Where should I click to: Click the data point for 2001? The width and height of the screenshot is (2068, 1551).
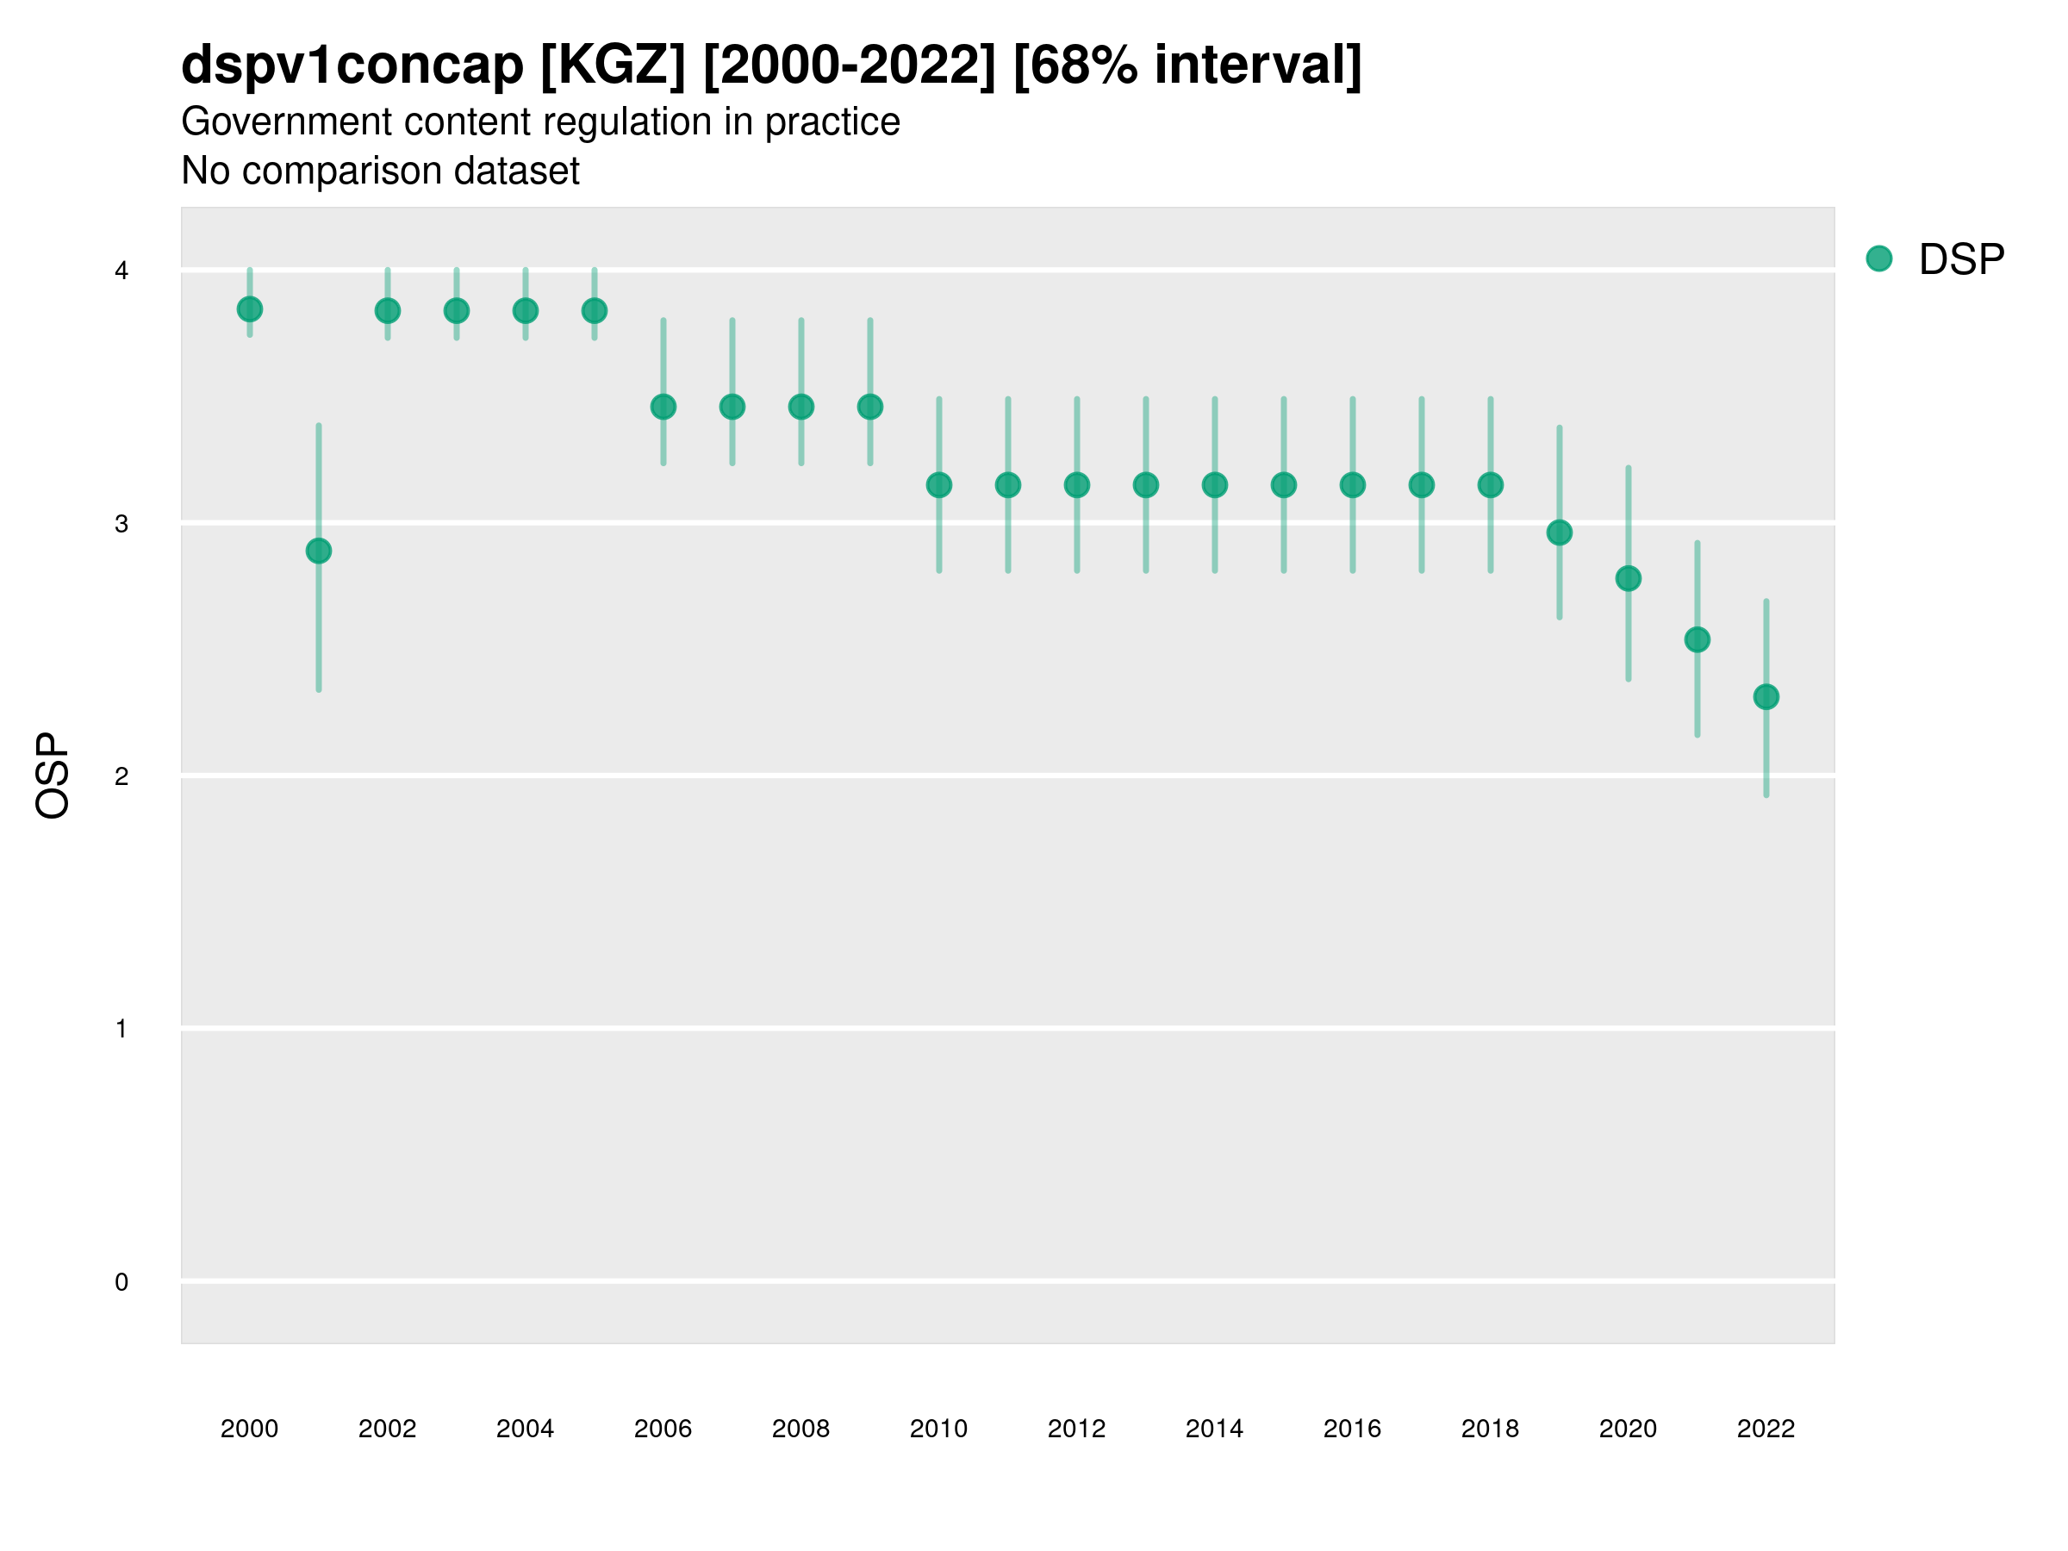click(319, 551)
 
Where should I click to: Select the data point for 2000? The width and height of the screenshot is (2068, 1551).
click(250, 308)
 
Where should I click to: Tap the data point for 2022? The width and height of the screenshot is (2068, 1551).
click(1766, 696)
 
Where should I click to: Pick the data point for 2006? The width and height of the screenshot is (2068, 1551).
click(663, 407)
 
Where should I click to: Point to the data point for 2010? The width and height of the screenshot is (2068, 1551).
click(938, 485)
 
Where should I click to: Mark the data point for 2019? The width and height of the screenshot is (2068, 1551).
click(1560, 533)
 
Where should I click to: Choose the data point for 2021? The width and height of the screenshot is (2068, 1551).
click(1697, 639)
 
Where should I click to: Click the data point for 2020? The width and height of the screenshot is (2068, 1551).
click(1629, 579)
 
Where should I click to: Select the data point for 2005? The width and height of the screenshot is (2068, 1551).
click(595, 310)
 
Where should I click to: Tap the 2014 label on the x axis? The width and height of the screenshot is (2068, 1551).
click(1214, 1429)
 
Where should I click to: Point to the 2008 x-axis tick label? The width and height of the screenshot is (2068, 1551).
click(801, 1429)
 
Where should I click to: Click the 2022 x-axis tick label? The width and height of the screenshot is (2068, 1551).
click(1766, 1429)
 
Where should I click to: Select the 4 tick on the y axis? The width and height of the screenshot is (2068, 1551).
click(121, 271)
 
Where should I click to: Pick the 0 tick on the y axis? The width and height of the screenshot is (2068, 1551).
click(121, 1282)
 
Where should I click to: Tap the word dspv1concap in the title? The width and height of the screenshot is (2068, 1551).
click(352, 65)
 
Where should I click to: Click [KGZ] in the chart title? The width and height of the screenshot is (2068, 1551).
click(614, 65)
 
